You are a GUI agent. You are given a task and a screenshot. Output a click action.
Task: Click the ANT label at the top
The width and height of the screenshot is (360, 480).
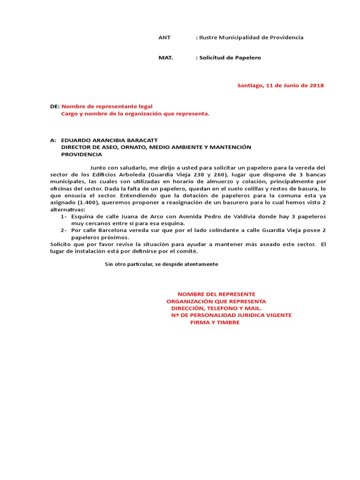(x=165, y=37)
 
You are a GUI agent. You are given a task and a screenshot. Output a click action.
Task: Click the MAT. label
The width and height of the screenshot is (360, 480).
(x=165, y=58)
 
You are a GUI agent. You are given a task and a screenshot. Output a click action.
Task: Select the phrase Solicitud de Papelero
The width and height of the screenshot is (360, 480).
(x=230, y=58)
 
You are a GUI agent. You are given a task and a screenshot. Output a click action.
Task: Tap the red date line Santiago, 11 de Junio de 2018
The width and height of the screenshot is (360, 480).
(x=280, y=85)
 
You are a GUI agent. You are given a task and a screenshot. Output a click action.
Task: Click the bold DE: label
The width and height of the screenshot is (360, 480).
(x=55, y=106)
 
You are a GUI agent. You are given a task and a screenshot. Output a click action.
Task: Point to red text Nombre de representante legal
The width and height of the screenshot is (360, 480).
(x=107, y=106)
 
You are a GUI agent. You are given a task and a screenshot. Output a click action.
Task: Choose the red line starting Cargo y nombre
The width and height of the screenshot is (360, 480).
(x=135, y=113)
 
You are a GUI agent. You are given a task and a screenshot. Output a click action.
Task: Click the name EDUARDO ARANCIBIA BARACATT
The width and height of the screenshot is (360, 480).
(x=109, y=140)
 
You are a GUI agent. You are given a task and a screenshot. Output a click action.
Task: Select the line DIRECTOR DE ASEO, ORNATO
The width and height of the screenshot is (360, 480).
(x=156, y=147)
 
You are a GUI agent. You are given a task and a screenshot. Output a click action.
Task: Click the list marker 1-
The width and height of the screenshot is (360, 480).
(x=64, y=217)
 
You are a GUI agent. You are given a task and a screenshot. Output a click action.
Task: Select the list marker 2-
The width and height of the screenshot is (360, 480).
(x=64, y=230)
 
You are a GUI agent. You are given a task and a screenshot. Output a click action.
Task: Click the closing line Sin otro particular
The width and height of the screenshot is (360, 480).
(x=162, y=264)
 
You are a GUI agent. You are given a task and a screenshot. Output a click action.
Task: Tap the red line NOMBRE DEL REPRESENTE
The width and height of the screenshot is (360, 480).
(x=216, y=293)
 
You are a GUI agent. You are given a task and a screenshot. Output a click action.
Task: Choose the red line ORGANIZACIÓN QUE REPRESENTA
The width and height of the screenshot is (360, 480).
(x=216, y=301)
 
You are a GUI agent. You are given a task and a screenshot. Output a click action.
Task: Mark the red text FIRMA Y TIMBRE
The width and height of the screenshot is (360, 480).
(x=215, y=322)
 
